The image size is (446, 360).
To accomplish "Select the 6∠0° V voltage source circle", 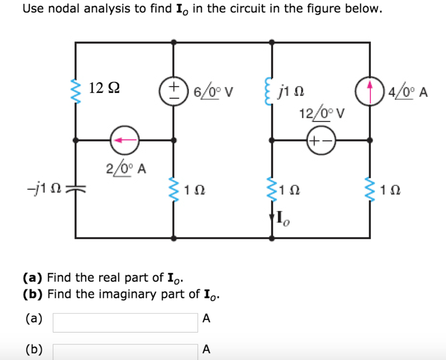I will [174, 91].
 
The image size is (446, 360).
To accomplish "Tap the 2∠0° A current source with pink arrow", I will [125, 140].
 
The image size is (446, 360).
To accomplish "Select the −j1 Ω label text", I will [45, 188].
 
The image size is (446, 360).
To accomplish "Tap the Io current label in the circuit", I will [282, 218].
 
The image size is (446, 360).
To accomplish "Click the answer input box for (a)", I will [125, 321].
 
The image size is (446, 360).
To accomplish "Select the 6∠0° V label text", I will [213, 92].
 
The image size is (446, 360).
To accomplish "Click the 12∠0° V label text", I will [321, 114].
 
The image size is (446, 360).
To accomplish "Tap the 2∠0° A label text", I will [126, 168].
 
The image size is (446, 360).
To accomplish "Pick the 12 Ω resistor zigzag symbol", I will [76, 91].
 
